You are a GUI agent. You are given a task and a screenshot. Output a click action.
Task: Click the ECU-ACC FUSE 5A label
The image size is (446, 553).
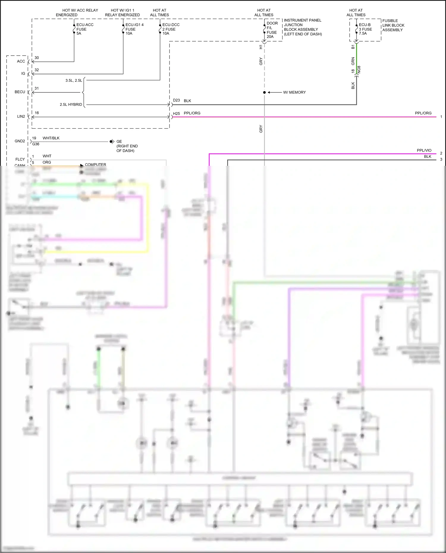(x=84, y=29)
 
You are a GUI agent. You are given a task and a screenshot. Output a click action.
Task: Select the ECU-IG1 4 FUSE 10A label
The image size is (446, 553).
(x=134, y=29)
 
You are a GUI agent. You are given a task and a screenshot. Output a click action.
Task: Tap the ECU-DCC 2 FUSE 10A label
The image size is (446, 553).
(x=171, y=29)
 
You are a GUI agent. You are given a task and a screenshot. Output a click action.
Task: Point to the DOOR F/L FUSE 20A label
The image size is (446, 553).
(x=272, y=30)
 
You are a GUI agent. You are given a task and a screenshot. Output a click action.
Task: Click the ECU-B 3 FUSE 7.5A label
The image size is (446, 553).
(x=365, y=29)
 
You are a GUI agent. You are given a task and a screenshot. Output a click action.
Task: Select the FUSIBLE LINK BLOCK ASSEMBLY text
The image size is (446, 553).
(x=393, y=25)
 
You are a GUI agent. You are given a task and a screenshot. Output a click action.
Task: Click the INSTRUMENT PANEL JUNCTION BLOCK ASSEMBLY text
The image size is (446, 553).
(x=302, y=27)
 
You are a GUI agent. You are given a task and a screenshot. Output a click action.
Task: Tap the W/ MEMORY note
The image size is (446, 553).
(x=294, y=92)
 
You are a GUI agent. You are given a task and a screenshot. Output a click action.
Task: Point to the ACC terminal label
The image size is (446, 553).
(x=21, y=62)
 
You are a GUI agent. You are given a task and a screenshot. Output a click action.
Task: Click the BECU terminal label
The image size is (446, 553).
(x=20, y=92)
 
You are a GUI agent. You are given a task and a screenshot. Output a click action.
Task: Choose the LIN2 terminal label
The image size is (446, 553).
(x=21, y=116)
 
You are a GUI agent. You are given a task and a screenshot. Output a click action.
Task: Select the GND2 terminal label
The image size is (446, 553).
(x=20, y=141)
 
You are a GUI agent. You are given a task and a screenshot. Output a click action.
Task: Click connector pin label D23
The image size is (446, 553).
(x=176, y=100)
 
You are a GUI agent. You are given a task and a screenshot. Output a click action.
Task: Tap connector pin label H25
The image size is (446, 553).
(x=176, y=114)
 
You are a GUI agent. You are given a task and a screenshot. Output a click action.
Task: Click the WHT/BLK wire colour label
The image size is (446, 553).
(x=51, y=138)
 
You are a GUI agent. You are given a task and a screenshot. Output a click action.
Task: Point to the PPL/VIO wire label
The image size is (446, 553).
(x=424, y=151)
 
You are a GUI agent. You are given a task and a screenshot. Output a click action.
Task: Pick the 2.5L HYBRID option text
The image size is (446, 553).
(x=71, y=105)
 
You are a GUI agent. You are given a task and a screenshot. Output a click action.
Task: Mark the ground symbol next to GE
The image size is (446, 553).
(x=112, y=142)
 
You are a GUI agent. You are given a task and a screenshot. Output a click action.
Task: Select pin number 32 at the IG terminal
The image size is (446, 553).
(x=37, y=70)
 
